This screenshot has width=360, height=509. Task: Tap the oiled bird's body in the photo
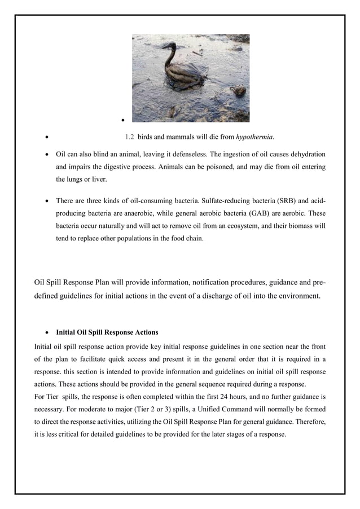184,74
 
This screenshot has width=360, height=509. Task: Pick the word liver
99,179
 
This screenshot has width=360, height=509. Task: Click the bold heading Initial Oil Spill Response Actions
107,332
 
